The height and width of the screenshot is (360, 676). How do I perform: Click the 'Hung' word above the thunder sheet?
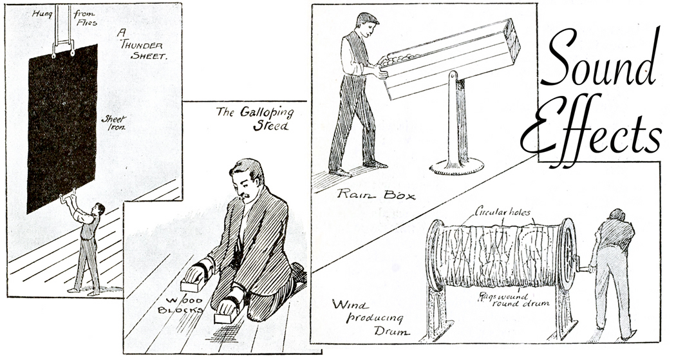[x=43, y=12]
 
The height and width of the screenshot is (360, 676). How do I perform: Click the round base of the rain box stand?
[x=456, y=166]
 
